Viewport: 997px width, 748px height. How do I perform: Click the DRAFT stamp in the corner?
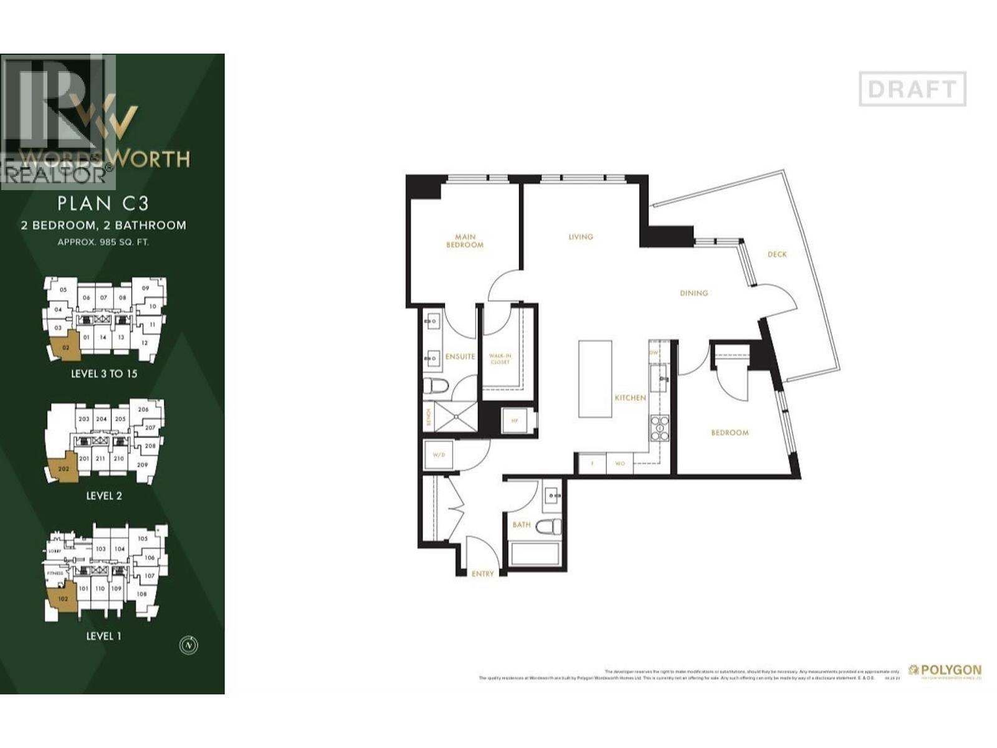pyautogui.click(x=912, y=89)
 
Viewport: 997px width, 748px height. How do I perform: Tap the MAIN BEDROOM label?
pyautogui.click(x=465, y=241)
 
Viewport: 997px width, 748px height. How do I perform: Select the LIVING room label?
pyautogui.click(x=581, y=237)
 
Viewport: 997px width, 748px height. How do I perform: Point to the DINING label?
pyautogui.click(x=694, y=293)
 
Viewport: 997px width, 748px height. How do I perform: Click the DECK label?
pyautogui.click(x=777, y=254)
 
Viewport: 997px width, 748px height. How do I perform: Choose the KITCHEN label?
pyautogui.click(x=630, y=398)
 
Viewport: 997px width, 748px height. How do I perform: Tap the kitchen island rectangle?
pyautogui.click(x=594, y=378)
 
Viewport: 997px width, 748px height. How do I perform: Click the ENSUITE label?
pyautogui.click(x=460, y=357)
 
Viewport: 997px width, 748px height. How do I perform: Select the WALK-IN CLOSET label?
pyautogui.click(x=500, y=359)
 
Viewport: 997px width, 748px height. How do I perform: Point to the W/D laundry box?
pyautogui.click(x=439, y=454)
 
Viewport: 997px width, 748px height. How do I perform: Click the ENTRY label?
pyautogui.click(x=482, y=573)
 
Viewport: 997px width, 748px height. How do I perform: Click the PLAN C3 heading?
pyautogui.click(x=103, y=203)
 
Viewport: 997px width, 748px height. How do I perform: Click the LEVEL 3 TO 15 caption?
pyautogui.click(x=104, y=374)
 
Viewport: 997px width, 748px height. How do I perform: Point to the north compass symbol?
pyautogui.click(x=188, y=645)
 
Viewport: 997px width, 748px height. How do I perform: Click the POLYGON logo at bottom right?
pyautogui.click(x=945, y=671)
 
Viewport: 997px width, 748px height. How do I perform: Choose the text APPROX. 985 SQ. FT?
pyautogui.click(x=103, y=242)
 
